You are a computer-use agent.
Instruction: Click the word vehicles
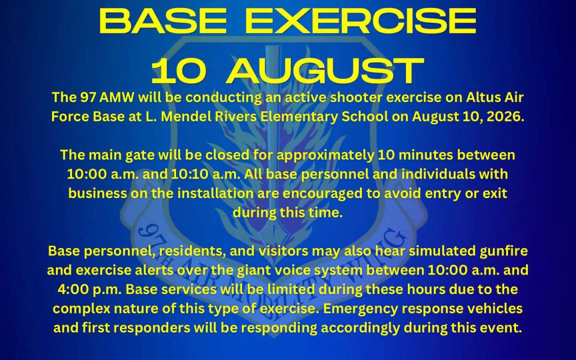[x=494, y=308]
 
